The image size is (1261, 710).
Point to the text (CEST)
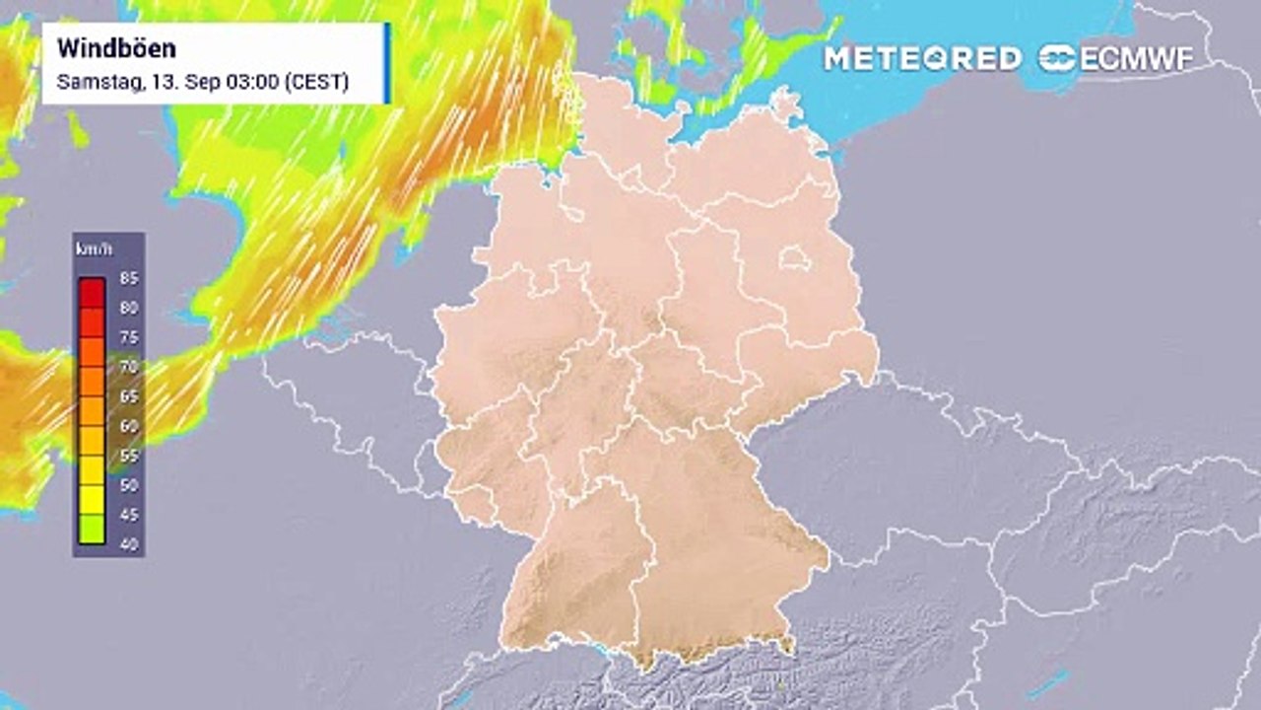(x=316, y=82)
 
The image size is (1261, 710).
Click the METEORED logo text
(x=922, y=58)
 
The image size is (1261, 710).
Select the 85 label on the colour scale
(x=128, y=278)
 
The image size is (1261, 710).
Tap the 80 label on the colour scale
(x=128, y=308)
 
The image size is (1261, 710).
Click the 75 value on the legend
(x=128, y=337)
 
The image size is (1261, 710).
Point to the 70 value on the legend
(x=128, y=367)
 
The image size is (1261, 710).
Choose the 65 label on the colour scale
(x=128, y=396)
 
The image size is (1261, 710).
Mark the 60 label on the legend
(x=128, y=426)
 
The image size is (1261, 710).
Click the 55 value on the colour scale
(x=128, y=456)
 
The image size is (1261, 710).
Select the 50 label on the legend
(x=128, y=485)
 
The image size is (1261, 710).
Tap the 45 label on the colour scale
(x=128, y=515)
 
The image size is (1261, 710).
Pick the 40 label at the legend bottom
(x=128, y=544)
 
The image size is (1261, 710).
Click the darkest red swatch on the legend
(x=92, y=292)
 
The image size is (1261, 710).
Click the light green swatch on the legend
(x=92, y=530)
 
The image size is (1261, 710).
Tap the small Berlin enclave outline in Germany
(x=794, y=259)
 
